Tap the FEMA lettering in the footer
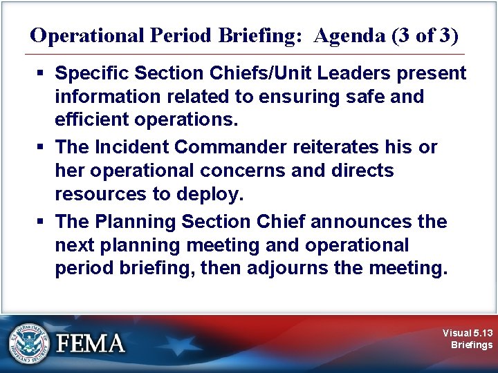click(x=91, y=343)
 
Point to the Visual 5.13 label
click(x=468, y=333)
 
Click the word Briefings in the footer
click(x=472, y=345)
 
